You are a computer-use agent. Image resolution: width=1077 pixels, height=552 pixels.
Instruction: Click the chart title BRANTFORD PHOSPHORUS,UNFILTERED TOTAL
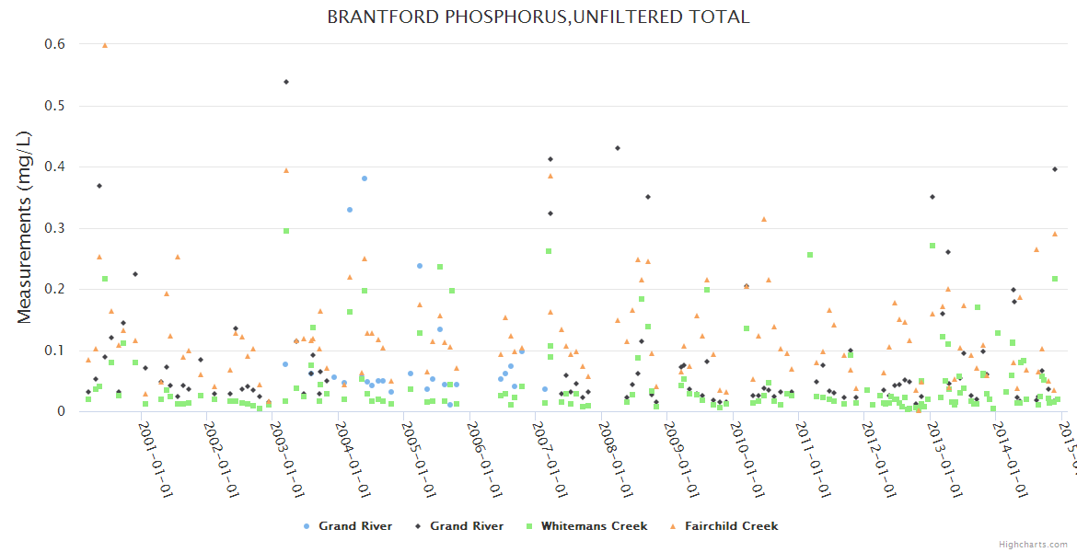[x=538, y=17]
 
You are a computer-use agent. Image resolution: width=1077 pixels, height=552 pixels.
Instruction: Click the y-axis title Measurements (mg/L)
[x=25, y=228]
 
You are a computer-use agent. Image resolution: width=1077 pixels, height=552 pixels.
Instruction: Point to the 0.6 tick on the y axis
[x=54, y=44]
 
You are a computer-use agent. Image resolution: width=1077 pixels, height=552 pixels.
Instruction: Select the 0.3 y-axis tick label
[x=54, y=228]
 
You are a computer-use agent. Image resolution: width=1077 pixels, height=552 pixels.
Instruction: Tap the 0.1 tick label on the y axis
[x=54, y=351]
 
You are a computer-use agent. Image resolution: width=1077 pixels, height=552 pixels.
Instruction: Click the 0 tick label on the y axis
[x=62, y=411]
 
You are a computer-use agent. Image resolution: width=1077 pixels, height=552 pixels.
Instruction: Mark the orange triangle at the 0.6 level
[x=105, y=45]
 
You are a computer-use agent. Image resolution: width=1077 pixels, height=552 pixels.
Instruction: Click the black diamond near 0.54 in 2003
[x=286, y=82]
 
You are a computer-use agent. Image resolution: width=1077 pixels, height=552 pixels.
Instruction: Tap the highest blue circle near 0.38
[x=365, y=178]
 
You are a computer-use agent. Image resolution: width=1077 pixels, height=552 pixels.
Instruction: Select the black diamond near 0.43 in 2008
[x=618, y=148]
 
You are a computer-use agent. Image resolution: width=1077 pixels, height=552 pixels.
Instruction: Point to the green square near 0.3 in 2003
[x=286, y=231]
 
